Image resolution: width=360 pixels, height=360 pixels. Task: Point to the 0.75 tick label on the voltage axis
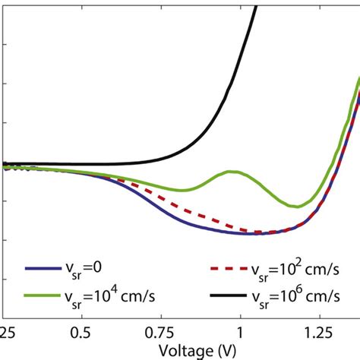[x=162, y=332]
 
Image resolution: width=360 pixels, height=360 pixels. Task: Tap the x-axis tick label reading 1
[x=239, y=332]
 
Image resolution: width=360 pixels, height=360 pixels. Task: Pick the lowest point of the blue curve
[x=251, y=234]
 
